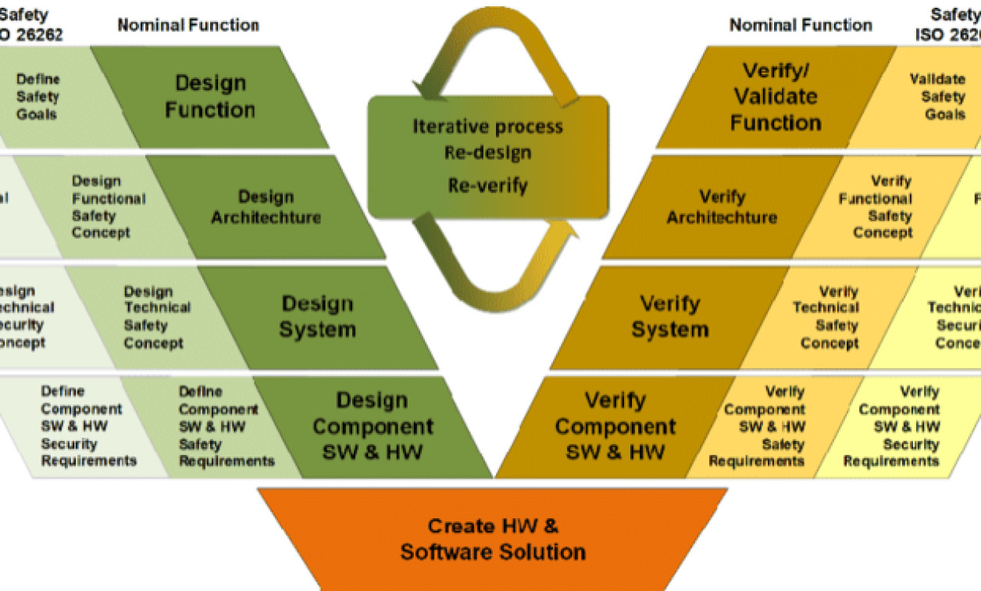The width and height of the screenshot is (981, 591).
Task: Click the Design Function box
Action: (x=209, y=96)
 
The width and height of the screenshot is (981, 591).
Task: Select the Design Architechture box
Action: (x=266, y=207)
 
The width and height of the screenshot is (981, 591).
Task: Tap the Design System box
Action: (x=317, y=317)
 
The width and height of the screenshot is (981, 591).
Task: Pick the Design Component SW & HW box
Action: (x=373, y=426)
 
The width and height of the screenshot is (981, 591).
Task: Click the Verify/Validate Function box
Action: (x=776, y=96)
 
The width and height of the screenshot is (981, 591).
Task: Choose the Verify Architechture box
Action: (x=722, y=207)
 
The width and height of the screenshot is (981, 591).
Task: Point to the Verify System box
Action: (x=669, y=317)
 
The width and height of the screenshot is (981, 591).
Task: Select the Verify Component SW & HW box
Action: (x=615, y=426)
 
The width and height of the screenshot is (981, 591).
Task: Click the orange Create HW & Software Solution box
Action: (x=493, y=539)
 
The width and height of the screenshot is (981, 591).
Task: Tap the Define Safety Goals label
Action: (x=37, y=97)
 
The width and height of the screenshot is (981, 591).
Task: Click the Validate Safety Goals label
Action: (x=937, y=97)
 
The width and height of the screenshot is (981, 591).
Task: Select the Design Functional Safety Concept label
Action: (x=108, y=207)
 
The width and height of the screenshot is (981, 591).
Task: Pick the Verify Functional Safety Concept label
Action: (x=876, y=207)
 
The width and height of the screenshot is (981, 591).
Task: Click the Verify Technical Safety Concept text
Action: (x=826, y=317)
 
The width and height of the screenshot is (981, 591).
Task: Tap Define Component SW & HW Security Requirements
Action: (x=88, y=426)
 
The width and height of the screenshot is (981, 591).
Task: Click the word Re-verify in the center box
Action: (x=487, y=185)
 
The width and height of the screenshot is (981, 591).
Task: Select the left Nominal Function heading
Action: (x=188, y=25)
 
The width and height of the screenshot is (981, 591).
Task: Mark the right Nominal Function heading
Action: (x=801, y=25)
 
